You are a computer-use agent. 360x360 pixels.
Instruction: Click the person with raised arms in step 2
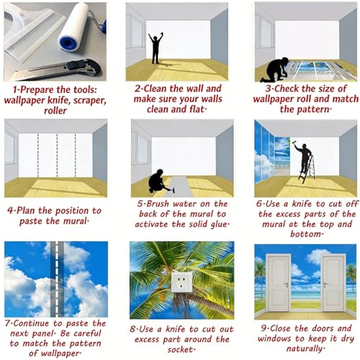tap(156, 48)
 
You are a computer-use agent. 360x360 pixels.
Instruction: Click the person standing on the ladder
tap(304, 156)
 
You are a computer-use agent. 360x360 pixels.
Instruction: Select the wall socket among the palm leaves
tap(182, 282)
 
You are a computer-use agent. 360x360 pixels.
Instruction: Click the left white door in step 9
tap(279, 283)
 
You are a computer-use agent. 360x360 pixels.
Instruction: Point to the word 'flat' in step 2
tap(197, 109)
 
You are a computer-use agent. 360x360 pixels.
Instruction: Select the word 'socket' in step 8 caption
tap(180, 349)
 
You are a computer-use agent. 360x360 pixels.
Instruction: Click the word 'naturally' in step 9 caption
tap(305, 348)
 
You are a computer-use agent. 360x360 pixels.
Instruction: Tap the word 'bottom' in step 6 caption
tap(305, 234)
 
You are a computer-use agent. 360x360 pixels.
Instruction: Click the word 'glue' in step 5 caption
tap(218, 225)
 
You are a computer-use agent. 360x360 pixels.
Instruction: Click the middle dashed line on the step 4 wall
tap(57, 156)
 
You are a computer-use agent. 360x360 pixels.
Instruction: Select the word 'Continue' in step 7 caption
tap(31, 323)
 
